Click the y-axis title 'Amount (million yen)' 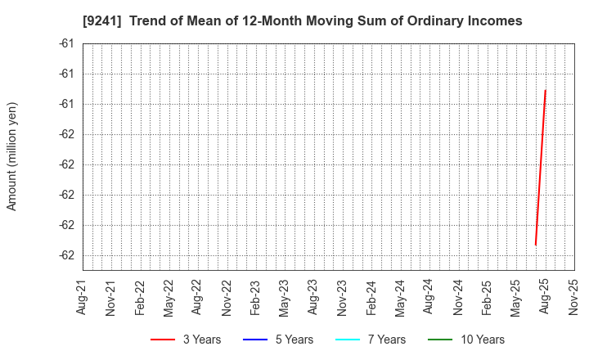12,156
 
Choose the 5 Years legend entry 278,340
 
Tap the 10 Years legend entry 466,340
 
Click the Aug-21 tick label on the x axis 82,298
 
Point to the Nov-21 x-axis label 111,298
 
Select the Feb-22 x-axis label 140,298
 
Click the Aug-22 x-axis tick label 198,298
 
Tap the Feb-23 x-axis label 255,298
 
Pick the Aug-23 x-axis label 313,298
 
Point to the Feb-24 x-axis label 371,298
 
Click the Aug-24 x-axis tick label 429,298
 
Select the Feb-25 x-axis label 487,298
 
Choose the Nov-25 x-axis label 573,298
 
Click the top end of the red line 545,90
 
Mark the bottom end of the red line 535,245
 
